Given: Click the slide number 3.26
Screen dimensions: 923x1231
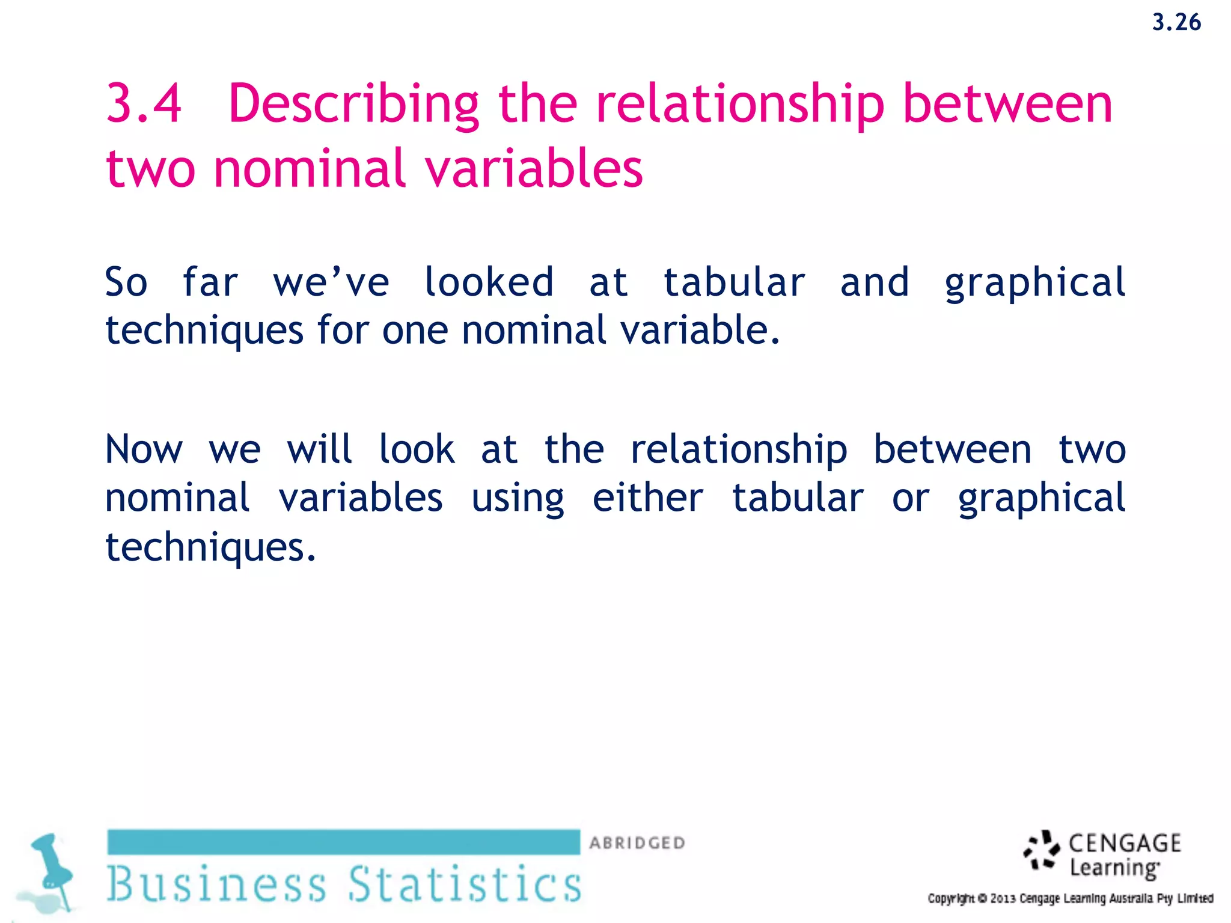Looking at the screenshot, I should click(x=1176, y=23).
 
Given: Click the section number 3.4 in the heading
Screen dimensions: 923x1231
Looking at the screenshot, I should click(x=144, y=104).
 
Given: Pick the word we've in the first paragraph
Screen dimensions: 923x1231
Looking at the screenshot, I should click(x=331, y=282).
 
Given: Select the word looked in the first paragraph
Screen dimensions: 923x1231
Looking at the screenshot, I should click(x=488, y=282).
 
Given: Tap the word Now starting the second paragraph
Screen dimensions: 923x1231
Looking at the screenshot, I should click(x=144, y=449).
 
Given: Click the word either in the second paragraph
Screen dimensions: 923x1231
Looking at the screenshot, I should click(x=647, y=498).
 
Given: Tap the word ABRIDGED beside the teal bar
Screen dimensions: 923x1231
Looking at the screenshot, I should click(x=637, y=843).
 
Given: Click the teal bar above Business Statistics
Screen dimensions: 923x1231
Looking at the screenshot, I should click(x=343, y=842).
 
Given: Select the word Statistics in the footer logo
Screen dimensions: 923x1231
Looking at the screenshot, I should click(x=465, y=885).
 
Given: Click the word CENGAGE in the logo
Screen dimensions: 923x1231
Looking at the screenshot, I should click(x=1125, y=843).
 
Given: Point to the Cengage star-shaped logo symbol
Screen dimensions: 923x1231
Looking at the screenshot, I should click(x=1042, y=850).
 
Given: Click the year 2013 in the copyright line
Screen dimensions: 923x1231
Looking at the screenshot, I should click(x=1003, y=899).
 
